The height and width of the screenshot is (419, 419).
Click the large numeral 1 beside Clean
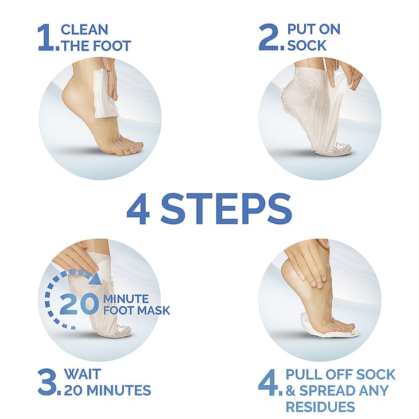pos(46,37)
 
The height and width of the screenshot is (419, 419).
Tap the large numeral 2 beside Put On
pos(269,37)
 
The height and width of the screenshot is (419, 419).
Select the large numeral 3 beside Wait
pos(47,382)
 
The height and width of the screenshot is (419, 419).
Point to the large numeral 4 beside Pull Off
pos(269,382)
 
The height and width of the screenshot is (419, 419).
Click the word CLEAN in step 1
pos(84,29)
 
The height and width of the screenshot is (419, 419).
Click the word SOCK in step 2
pos(307,45)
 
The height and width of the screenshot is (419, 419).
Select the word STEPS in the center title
pos(226,209)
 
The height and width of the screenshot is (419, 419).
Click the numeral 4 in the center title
pos(138,209)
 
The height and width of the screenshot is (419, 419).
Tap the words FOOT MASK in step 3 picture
pos(137,311)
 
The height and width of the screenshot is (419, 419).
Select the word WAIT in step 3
pos(83,374)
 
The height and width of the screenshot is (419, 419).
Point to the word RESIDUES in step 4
pos(320,407)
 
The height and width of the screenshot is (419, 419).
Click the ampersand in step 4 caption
pos(290,390)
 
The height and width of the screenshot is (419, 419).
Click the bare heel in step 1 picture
pos(70,95)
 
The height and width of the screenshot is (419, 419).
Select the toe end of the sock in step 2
pos(343,148)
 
